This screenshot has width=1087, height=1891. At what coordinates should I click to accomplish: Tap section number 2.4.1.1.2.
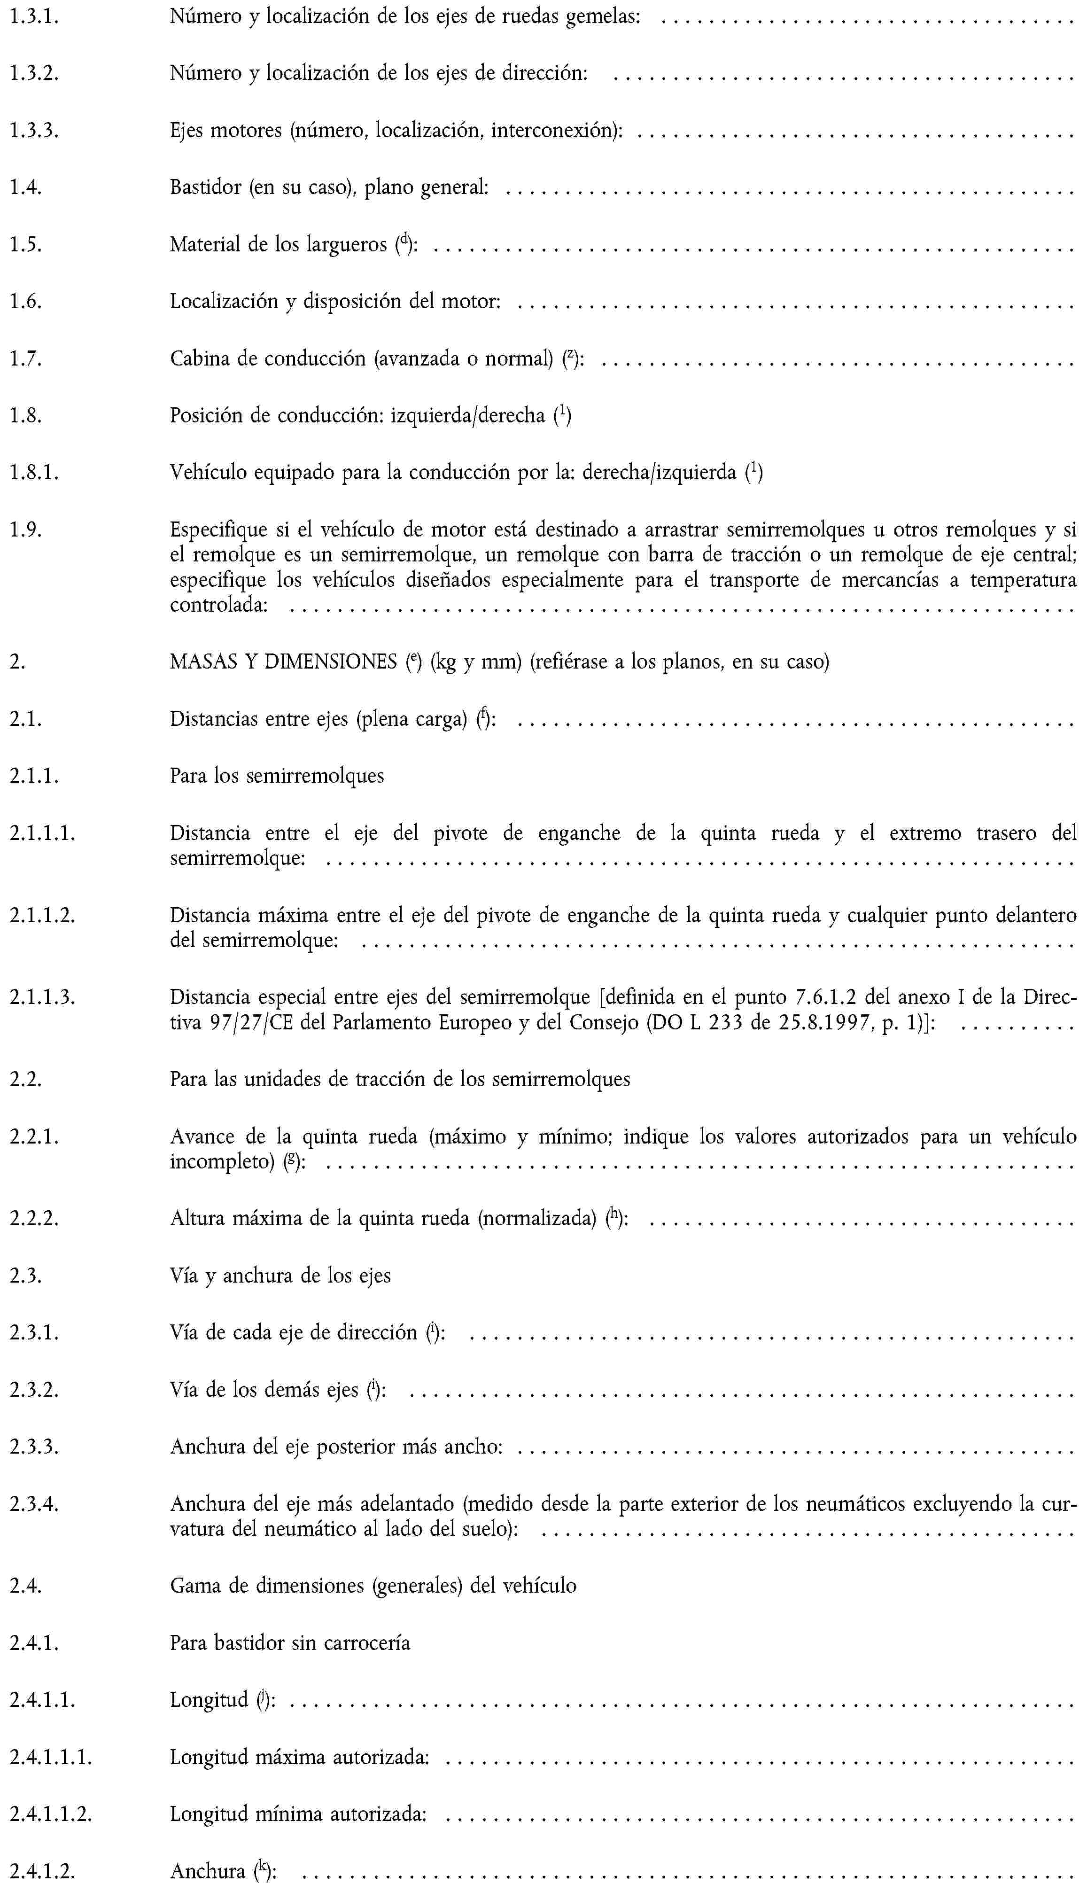click(51, 1813)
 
